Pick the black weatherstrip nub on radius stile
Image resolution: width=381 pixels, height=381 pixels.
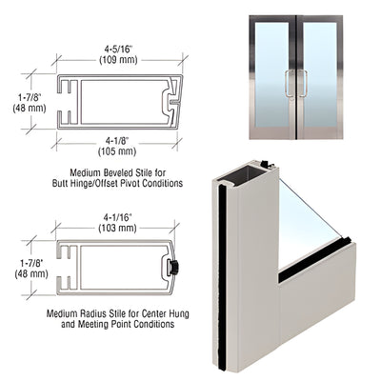click(x=176, y=265)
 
